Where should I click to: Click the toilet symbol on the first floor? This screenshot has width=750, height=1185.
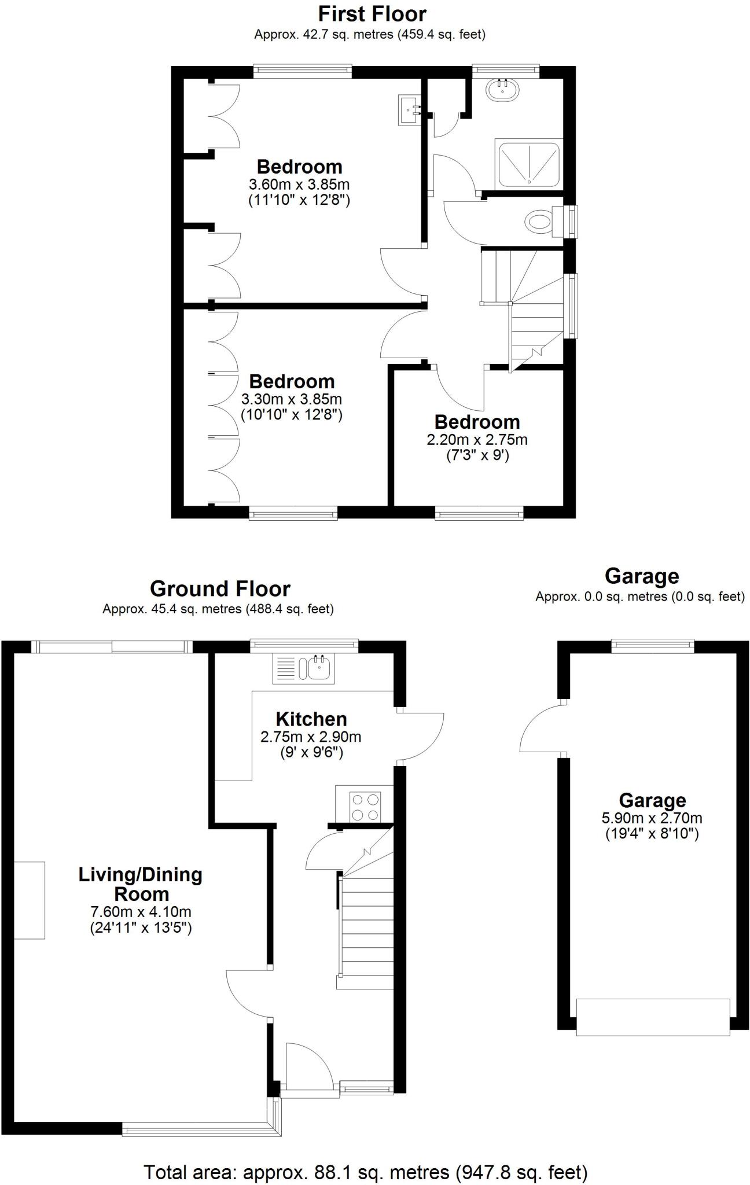[539, 221]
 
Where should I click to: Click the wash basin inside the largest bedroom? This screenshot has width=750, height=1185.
[410, 109]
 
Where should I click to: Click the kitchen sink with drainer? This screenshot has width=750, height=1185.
[302, 669]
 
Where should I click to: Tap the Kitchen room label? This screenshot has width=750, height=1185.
[311, 719]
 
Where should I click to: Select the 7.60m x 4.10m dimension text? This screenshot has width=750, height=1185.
[141, 912]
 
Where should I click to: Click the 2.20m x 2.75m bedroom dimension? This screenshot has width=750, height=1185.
[477, 440]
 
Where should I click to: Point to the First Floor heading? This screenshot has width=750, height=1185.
[372, 13]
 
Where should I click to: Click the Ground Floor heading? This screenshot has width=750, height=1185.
[220, 588]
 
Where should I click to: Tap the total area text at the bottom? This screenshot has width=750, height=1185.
[365, 1172]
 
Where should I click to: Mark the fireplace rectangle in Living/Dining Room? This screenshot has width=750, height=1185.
[30, 900]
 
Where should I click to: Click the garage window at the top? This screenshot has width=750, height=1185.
[653, 645]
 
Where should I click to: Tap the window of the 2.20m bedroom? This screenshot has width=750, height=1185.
[479, 513]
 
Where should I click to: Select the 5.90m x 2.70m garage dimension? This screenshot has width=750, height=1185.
[652, 818]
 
